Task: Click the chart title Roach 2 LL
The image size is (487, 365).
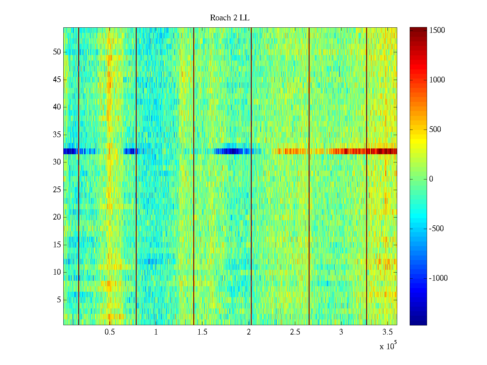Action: (x=229, y=18)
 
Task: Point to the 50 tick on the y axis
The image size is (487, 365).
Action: (x=57, y=52)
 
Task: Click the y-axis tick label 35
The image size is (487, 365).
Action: (x=57, y=135)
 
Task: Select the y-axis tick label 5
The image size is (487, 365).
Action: (x=59, y=300)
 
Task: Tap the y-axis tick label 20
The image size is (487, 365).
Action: (x=57, y=217)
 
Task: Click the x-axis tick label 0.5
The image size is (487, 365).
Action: (x=110, y=332)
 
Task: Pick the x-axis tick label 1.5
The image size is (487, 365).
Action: (x=202, y=332)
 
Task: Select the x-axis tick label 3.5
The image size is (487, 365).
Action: (x=387, y=332)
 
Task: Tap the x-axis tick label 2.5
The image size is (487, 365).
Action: (x=295, y=332)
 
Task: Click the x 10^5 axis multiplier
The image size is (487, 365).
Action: (x=388, y=346)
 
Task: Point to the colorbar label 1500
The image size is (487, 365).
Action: (x=437, y=30)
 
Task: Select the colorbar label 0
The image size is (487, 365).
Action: (x=431, y=179)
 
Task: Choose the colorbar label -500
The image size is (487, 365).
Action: (x=436, y=229)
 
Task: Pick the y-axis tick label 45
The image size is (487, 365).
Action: (x=57, y=80)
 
